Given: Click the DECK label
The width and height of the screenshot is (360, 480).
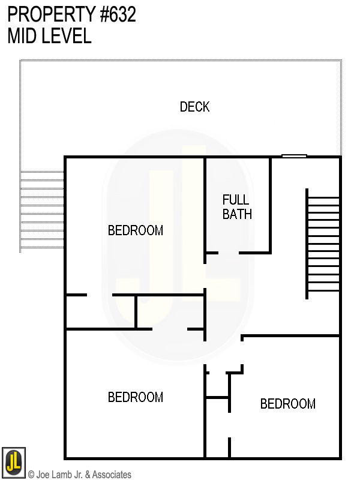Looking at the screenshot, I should (x=195, y=107).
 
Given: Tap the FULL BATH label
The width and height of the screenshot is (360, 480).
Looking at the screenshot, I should (x=236, y=207).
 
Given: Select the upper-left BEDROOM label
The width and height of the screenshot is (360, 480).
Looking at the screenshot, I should (x=136, y=230).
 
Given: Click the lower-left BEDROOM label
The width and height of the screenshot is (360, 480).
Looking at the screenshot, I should (x=136, y=397).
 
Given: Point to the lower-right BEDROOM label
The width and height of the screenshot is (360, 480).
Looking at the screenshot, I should (x=288, y=404).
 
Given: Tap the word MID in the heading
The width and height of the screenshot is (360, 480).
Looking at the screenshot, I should (x=23, y=36).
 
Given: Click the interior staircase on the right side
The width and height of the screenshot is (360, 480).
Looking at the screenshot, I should (x=323, y=243).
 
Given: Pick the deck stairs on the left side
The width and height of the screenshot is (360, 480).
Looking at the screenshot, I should (x=42, y=210).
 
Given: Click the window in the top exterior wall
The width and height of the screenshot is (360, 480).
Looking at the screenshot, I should (x=294, y=157).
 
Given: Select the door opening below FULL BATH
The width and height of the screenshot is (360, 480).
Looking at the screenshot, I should (x=229, y=253).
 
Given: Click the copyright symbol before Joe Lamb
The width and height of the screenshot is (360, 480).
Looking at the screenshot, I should (x=31, y=475).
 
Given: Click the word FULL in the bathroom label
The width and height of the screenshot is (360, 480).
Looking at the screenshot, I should (x=235, y=200).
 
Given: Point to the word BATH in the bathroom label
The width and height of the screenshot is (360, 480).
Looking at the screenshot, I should (x=237, y=214).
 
